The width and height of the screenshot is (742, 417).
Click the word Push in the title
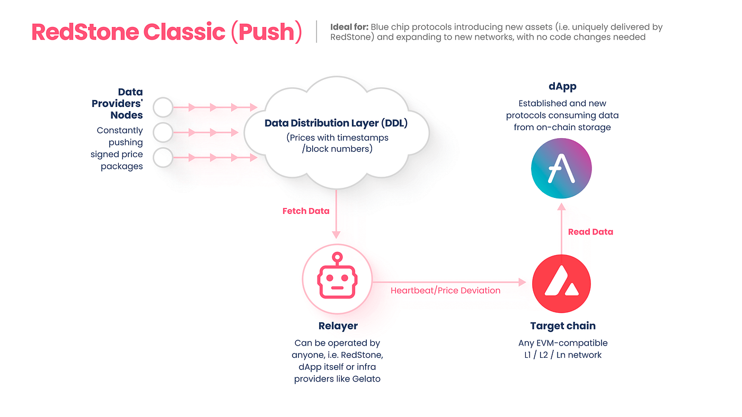(266, 32)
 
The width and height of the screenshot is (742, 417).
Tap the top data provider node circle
(163, 107)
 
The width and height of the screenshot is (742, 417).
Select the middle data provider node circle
(163, 132)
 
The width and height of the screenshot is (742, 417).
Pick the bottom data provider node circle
(163, 157)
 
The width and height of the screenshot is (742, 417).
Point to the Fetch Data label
(306, 211)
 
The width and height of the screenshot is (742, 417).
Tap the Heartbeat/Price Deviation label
(445, 290)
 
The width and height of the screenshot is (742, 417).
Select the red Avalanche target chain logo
(561, 283)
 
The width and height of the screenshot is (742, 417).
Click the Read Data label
(590, 232)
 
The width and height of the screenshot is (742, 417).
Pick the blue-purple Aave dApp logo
(561, 168)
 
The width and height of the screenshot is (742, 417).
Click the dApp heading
(562, 87)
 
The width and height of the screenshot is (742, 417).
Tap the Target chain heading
(563, 325)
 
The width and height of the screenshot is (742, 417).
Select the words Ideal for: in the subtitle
(349, 27)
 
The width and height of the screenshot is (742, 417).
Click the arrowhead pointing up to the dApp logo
(561, 207)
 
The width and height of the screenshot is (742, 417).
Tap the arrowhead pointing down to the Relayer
(336, 234)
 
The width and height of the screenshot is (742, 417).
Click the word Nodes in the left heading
(127, 115)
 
